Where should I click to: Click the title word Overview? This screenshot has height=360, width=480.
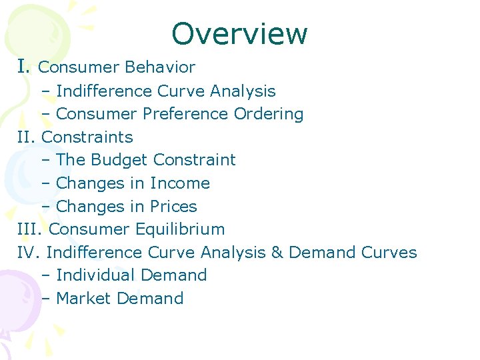[x=239, y=33]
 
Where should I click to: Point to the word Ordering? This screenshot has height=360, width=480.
[x=269, y=114]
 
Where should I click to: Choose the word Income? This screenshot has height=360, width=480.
[x=180, y=183]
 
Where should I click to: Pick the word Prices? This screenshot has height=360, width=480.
[x=173, y=207]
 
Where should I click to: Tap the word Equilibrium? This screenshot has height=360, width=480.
[x=180, y=229]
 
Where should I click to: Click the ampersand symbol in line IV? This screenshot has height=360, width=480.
[x=277, y=253]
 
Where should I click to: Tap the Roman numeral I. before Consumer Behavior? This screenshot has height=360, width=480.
[x=24, y=67]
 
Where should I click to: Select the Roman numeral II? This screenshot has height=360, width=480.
[x=27, y=137]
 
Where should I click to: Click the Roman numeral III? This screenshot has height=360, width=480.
[x=31, y=229]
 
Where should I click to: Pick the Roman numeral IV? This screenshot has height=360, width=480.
[x=30, y=253]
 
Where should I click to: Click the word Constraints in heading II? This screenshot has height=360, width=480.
[x=87, y=137]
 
